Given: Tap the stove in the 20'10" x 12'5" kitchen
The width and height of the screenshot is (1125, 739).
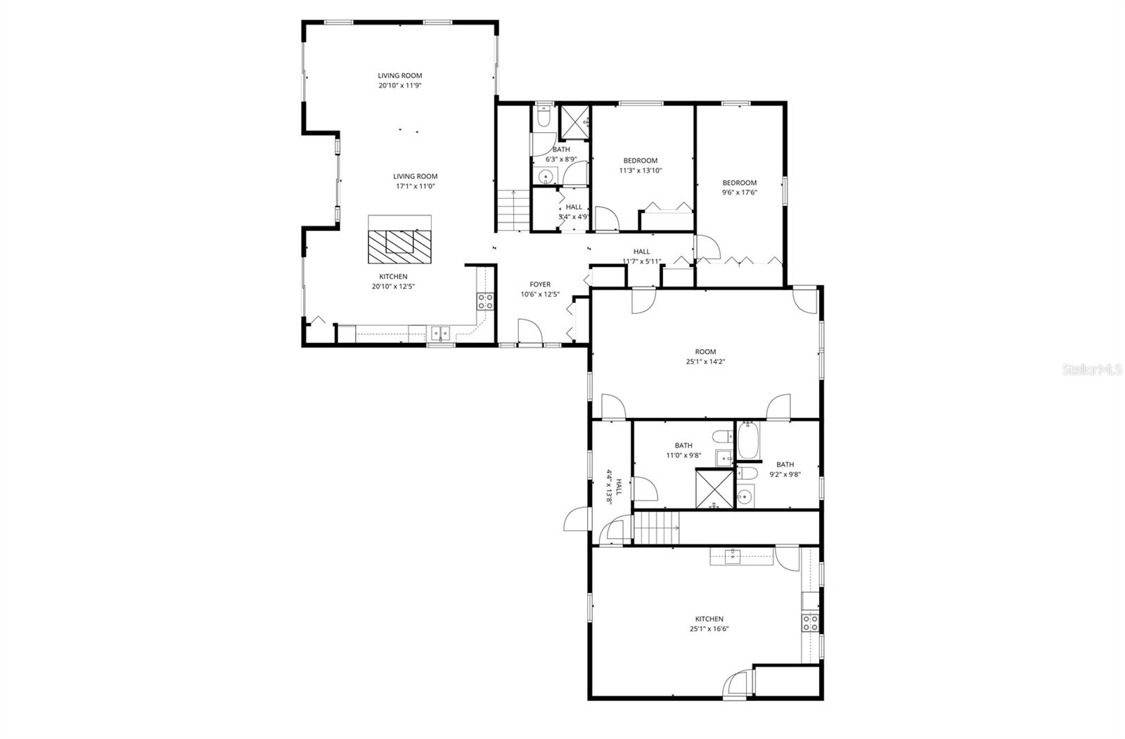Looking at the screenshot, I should pyautogui.click(x=485, y=301).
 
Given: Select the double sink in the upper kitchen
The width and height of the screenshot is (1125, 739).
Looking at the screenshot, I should pyautogui.click(x=441, y=332).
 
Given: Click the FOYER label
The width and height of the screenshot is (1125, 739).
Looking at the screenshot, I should pyautogui.click(x=540, y=285).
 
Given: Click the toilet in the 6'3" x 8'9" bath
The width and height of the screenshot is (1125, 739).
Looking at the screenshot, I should pyautogui.click(x=544, y=116).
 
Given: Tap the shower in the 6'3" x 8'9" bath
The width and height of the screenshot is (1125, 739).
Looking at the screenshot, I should pyautogui.click(x=574, y=120).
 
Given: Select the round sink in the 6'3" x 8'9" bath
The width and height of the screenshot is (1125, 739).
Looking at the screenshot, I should pyautogui.click(x=545, y=176).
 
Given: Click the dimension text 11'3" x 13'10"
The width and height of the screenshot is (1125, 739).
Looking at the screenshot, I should pyautogui.click(x=640, y=170).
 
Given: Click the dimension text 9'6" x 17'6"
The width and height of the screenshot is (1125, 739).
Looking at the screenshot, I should pyautogui.click(x=739, y=192).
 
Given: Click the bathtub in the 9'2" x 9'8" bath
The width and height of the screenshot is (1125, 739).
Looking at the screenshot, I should pyautogui.click(x=746, y=439).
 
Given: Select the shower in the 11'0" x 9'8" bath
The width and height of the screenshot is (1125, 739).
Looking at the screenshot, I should pyautogui.click(x=714, y=488).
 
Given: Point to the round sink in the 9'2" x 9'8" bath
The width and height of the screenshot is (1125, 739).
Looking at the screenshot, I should pyautogui.click(x=744, y=497).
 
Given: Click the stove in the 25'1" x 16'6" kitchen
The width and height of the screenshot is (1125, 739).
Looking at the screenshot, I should pyautogui.click(x=811, y=622).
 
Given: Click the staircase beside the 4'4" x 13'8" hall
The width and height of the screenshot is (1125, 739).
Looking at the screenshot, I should pyautogui.click(x=657, y=528).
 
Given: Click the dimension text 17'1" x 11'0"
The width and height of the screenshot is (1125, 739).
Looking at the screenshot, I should pyautogui.click(x=415, y=186).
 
